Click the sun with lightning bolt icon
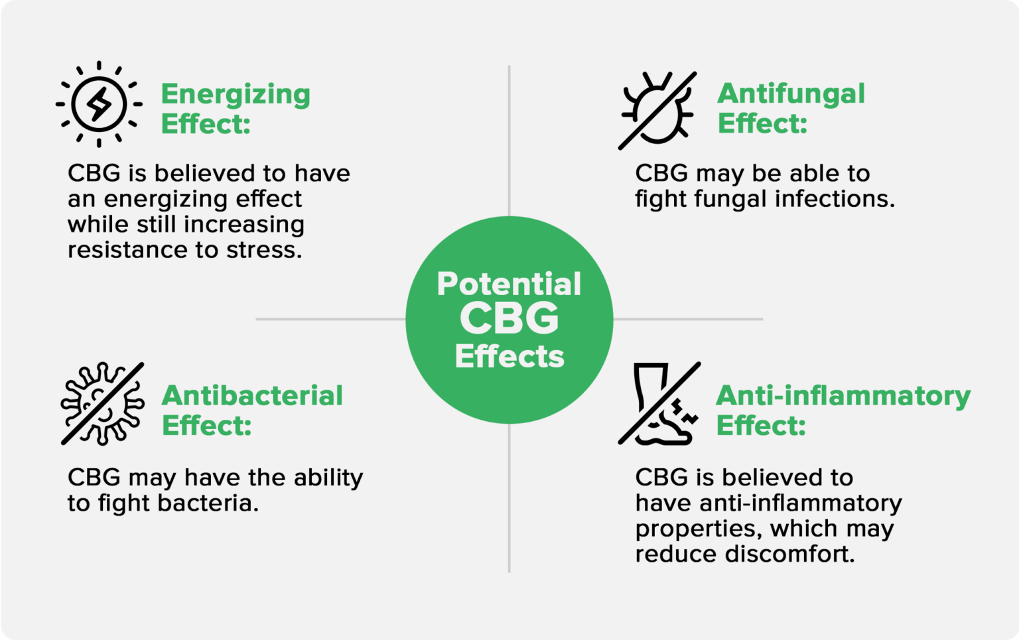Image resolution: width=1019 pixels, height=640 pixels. pyautogui.click(x=99, y=104)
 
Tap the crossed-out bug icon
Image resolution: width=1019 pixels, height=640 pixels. pyautogui.click(x=657, y=110)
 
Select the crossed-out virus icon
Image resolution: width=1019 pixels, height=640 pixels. pyautogui.click(x=102, y=403)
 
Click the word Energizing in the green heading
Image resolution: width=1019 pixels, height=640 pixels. pyautogui.click(x=236, y=94)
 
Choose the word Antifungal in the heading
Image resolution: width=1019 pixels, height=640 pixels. pyautogui.click(x=791, y=94)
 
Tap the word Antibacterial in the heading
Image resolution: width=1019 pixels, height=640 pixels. pyautogui.click(x=252, y=395)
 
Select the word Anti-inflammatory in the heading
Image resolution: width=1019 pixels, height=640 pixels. pyautogui.click(x=843, y=395)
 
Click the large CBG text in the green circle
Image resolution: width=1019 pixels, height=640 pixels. pyautogui.click(x=509, y=319)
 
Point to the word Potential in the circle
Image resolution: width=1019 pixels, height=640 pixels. pyautogui.click(x=509, y=284)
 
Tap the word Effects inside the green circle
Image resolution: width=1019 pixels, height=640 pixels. pyautogui.click(x=509, y=356)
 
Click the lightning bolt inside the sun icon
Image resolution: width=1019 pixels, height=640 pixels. pyautogui.click(x=100, y=104)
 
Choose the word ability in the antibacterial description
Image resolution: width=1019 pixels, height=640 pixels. pyautogui.click(x=328, y=478)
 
